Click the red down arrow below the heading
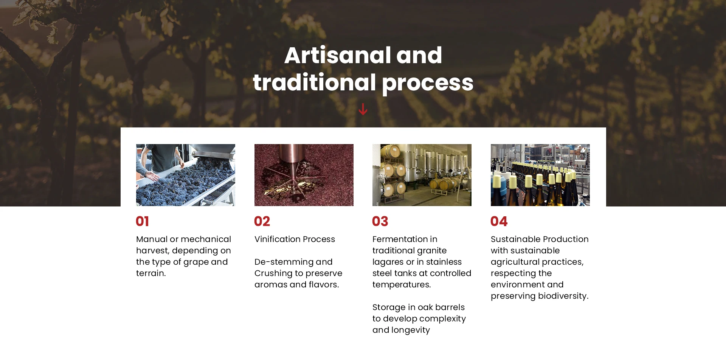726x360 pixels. point(363,109)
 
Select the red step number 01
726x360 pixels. point(143,221)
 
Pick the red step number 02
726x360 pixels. point(262,221)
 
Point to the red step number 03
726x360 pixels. point(380,221)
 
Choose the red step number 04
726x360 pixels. point(499,221)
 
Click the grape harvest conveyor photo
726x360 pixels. point(186,175)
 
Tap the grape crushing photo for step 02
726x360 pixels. point(304,175)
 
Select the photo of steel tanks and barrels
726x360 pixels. point(422,175)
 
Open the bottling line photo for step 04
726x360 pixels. point(540,175)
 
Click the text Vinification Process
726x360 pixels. point(295,239)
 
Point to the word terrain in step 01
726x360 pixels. point(150,273)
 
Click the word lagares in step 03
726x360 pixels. point(388,262)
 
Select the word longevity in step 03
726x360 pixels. point(411,331)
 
